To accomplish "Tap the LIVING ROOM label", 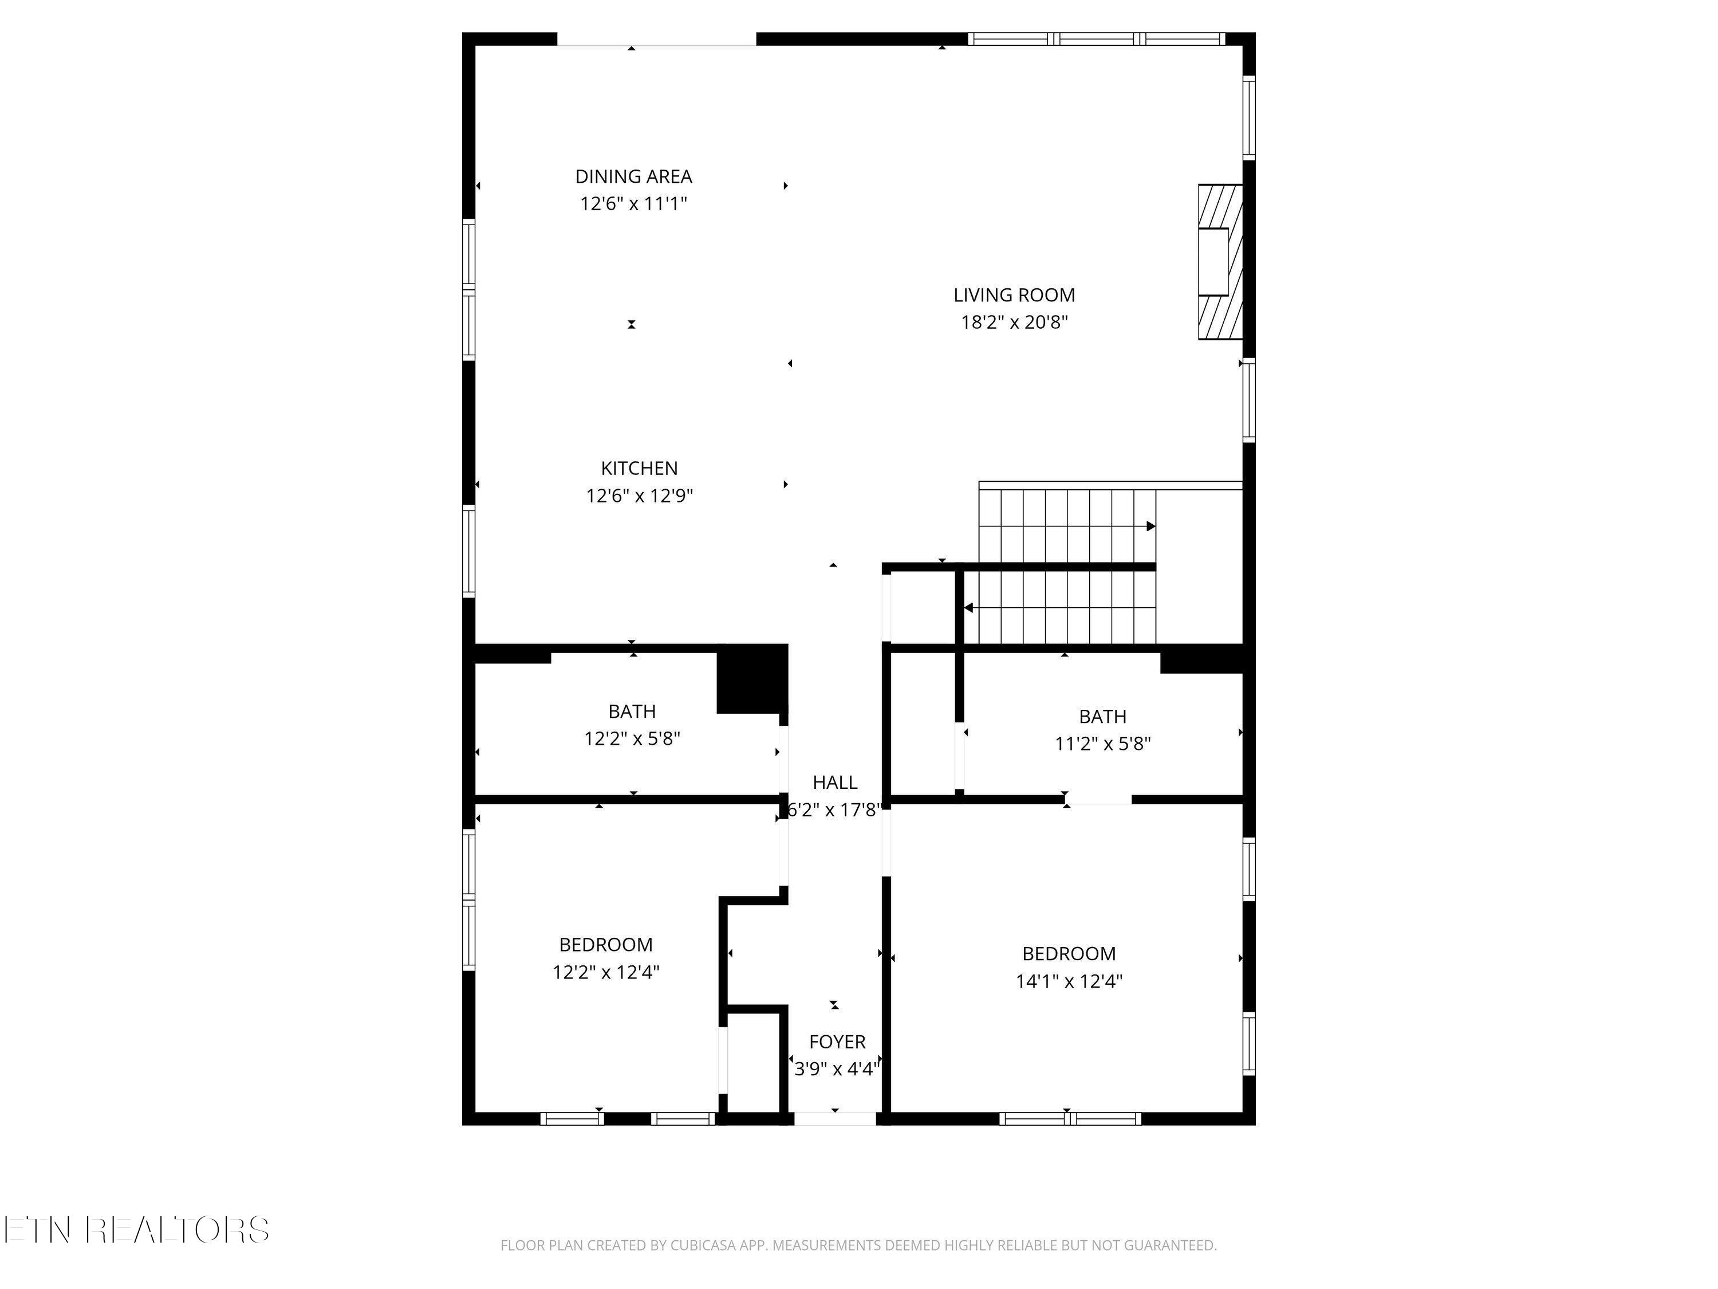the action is click(x=1014, y=295).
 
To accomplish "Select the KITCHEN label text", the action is click(x=639, y=469).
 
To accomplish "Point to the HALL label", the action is click(x=835, y=783).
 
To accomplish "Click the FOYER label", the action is click(x=837, y=1042).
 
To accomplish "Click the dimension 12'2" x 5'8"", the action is click(x=632, y=738).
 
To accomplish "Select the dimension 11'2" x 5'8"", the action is click(x=1102, y=744).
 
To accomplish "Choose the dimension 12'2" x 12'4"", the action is click(x=606, y=972).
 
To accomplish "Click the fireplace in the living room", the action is click(x=1220, y=262).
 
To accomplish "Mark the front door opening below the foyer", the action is click(x=835, y=1119).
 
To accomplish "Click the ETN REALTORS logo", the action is click(x=137, y=1230).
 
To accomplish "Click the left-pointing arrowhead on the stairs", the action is click(x=968, y=608).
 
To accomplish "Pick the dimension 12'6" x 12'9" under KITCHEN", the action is click(x=639, y=496).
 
